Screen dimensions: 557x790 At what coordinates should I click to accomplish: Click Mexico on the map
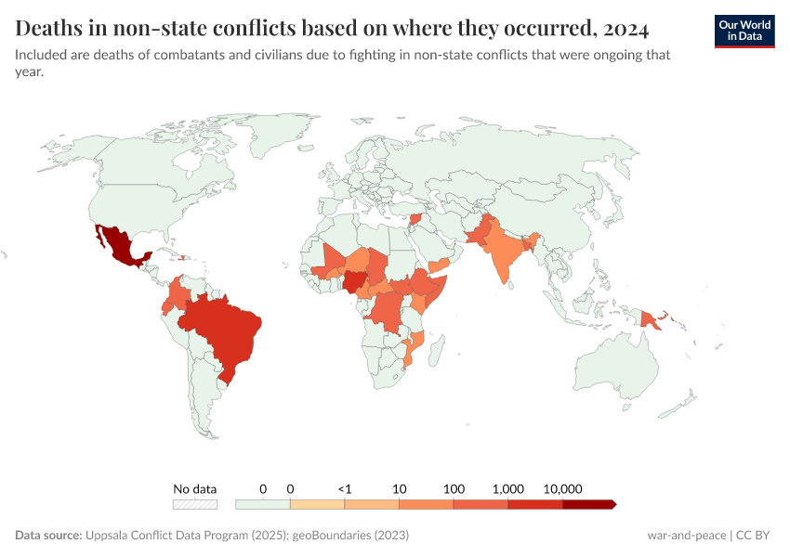[x=116, y=245]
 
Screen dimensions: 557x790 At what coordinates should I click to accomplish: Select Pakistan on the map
[x=478, y=233]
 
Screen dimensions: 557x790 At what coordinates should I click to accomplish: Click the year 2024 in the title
[x=622, y=26]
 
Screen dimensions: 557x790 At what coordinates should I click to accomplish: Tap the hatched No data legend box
[x=195, y=504]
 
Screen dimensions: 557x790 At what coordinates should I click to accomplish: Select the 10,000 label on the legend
[x=562, y=488]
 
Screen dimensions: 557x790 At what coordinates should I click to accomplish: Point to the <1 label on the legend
[x=344, y=488]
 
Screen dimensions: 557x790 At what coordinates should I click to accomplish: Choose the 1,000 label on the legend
[x=508, y=488]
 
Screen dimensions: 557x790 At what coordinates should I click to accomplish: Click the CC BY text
[x=757, y=536]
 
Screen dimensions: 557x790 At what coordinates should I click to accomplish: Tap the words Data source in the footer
[x=47, y=536]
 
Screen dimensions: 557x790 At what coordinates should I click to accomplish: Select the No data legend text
[x=195, y=488]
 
